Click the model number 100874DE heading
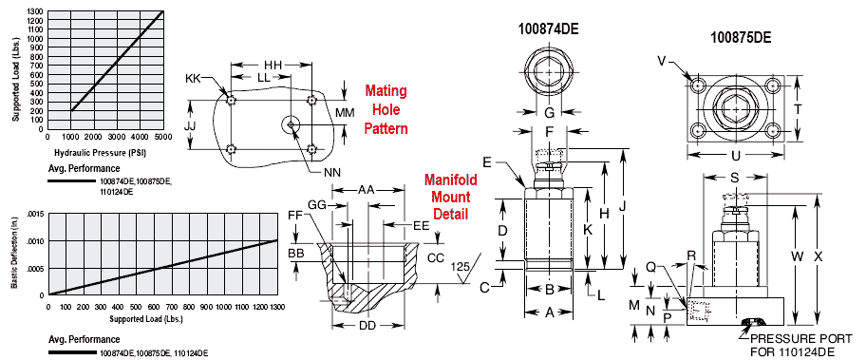pos(548,29)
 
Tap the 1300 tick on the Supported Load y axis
pos(37,11)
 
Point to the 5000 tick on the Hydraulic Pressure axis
pos(164,137)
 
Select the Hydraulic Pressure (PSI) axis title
pos(104,151)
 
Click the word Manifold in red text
pos(450,180)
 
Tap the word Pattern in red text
pos(385,128)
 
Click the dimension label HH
pos(273,65)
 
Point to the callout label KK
pos(194,80)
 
